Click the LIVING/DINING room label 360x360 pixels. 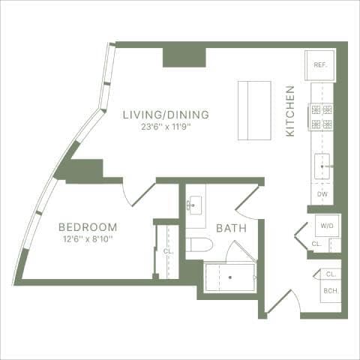166,115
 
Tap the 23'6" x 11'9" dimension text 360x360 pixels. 166,127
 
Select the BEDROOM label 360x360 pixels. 88,226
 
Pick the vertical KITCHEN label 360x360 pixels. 290,110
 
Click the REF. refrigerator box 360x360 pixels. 318,65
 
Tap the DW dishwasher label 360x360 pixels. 322,195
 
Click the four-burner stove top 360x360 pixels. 322,116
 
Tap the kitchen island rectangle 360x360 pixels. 253,109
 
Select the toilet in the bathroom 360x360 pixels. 196,245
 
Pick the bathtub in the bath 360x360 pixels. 230,277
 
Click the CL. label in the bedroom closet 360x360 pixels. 166,251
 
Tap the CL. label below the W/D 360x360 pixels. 316,244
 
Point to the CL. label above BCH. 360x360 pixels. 330,274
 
